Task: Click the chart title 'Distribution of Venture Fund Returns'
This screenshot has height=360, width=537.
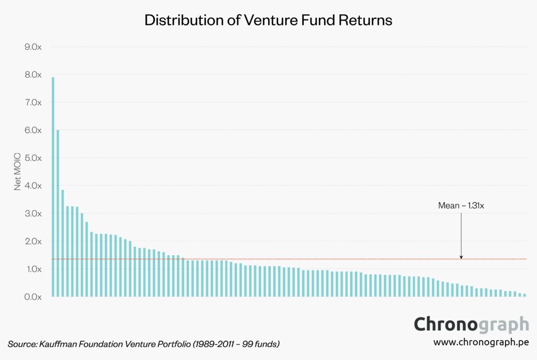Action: click(x=268, y=20)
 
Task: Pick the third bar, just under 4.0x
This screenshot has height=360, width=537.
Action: click(x=62, y=243)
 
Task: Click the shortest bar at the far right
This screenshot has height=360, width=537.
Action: click(x=524, y=295)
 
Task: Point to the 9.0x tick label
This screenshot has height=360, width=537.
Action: click(x=33, y=47)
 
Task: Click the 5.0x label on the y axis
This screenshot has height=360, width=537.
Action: click(x=33, y=158)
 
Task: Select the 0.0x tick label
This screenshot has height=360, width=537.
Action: click(x=33, y=297)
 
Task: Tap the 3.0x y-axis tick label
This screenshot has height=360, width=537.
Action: click(x=33, y=213)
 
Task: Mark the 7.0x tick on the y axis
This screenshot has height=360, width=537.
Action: click(x=33, y=102)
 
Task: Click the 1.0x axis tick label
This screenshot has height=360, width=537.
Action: click(x=33, y=269)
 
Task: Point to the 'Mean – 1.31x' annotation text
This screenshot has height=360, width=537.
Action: click(x=461, y=206)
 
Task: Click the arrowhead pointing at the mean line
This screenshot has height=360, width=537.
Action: click(x=461, y=256)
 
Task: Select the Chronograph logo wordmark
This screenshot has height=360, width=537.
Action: click(x=471, y=324)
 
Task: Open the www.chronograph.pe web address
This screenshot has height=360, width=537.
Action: click(x=481, y=342)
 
